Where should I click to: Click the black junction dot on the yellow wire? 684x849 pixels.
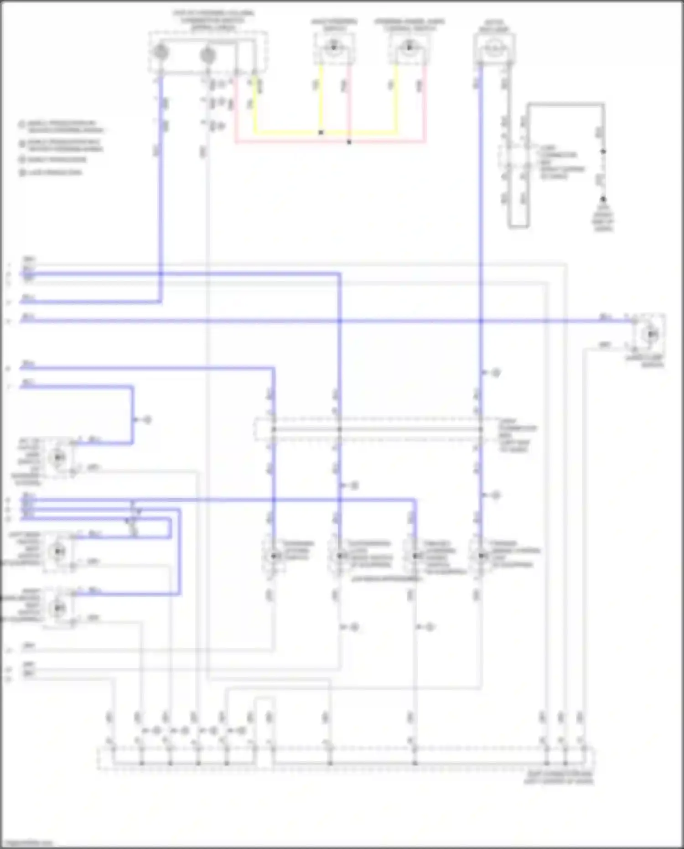[321, 133]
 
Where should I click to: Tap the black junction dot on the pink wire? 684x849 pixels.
[349, 142]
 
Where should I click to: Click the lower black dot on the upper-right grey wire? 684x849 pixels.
[603, 199]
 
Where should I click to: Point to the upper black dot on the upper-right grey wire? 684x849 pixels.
[603, 151]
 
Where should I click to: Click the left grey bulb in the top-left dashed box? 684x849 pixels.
[161, 53]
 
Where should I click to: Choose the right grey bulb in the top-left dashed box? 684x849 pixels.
[208, 55]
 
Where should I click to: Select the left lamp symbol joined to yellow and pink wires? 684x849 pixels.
[334, 47]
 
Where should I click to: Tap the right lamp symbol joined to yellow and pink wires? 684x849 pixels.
[409, 47]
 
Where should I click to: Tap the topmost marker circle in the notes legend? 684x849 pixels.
[21, 124]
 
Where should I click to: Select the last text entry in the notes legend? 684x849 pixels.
[55, 172]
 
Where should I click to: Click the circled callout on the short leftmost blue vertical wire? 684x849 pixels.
[147, 420]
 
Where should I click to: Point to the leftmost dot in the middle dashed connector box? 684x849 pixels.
[274, 429]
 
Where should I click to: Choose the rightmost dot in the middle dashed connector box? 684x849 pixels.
[481, 429]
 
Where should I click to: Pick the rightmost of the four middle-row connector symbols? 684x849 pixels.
[481, 556]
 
